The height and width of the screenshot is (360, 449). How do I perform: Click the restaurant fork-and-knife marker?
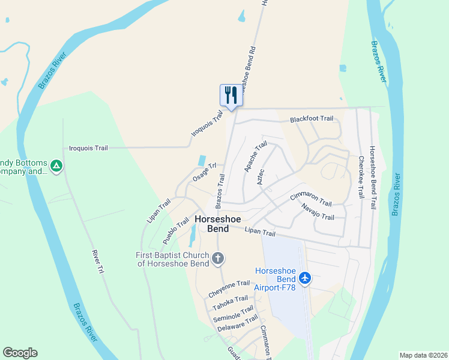click(231, 94)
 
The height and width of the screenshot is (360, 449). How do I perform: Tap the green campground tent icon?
click(56, 164)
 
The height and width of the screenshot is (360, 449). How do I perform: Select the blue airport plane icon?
click(305, 278)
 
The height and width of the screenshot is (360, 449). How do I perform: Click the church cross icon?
click(217, 259)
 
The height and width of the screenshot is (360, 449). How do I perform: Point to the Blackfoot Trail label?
click(312, 119)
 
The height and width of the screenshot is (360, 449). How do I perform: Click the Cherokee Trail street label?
click(361, 178)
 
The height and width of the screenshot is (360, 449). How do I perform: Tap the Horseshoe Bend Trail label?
click(373, 178)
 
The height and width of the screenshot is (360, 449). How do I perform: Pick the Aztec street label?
click(261, 176)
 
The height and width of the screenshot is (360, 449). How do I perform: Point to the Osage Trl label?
click(204, 173)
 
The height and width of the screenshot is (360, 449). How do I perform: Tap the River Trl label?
click(98, 263)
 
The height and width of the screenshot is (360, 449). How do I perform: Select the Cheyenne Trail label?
click(229, 288)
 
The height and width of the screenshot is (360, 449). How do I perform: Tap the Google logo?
click(20, 353)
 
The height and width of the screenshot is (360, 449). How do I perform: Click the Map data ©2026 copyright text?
click(423, 355)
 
